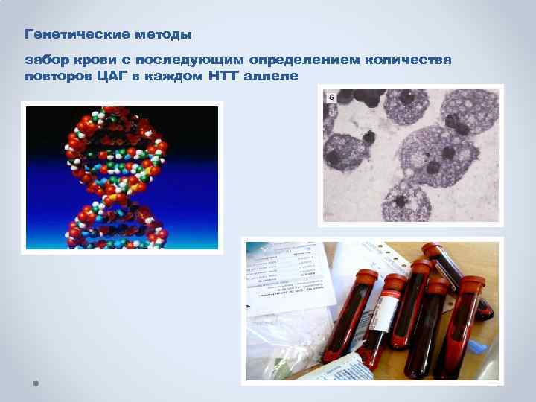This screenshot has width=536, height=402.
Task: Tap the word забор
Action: coord(43,59)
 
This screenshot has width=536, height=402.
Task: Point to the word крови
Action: coord(91,59)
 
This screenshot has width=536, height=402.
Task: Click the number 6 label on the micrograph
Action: coord(331,98)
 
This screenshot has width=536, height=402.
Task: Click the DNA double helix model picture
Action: coord(121,177)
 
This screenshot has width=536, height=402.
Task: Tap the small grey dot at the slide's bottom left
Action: coord(35,383)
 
